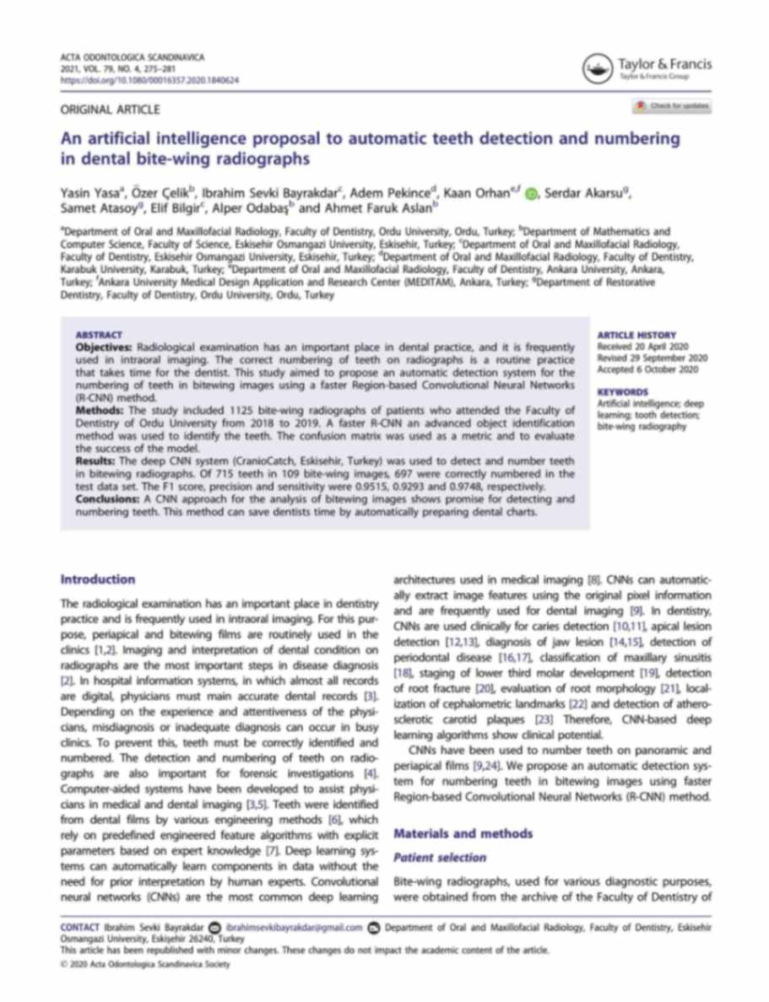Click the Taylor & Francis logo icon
coord(598,67)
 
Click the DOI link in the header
coord(149,80)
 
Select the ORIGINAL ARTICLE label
coord(110,109)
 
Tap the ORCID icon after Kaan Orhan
coord(530,194)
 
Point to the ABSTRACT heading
coord(99,335)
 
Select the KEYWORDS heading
coord(622,392)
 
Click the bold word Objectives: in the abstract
coord(105,347)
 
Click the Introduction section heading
coord(98,579)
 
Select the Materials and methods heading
coord(463,834)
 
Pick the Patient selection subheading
coord(440,858)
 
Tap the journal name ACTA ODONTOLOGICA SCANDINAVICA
coord(133,57)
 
